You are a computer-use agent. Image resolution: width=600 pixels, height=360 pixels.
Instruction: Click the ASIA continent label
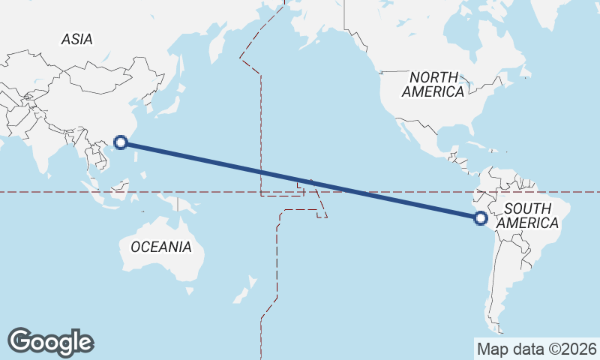coord(77,39)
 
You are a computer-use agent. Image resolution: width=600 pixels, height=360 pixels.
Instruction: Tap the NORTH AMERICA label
coord(433,84)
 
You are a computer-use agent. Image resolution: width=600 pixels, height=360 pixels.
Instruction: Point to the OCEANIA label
coord(161,246)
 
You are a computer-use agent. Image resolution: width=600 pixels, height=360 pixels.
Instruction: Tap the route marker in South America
coord(481,218)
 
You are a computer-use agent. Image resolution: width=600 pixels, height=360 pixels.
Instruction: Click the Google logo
coord(50,341)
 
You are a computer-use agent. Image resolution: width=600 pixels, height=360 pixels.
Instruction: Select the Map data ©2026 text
coord(536,349)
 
